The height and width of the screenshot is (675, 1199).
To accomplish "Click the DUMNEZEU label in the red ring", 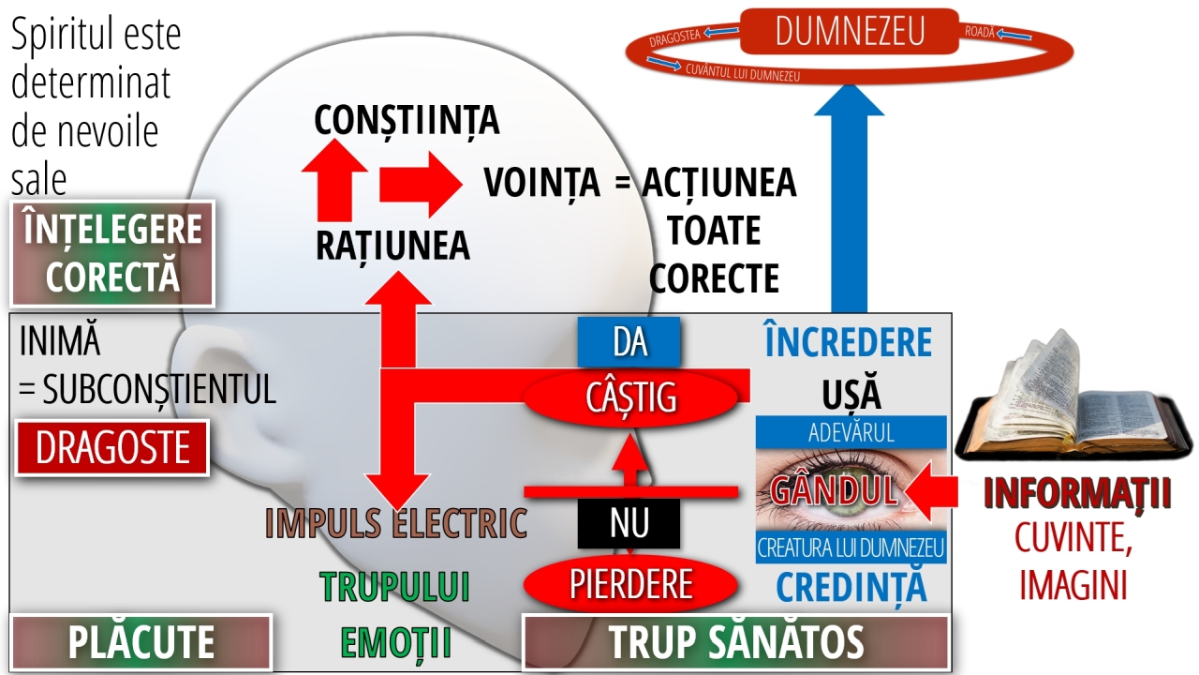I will [x=850, y=31].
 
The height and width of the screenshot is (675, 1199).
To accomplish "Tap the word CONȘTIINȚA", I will [x=407, y=121].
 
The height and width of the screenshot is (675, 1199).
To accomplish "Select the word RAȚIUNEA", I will [x=392, y=245].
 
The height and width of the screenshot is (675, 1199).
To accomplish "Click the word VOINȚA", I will [x=541, y=183].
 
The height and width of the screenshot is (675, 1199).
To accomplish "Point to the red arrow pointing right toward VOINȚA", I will [x=420, y=184].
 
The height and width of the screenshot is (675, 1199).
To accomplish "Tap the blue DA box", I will [x=629, y=342].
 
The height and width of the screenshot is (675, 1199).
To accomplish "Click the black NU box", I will [x=629, y=523].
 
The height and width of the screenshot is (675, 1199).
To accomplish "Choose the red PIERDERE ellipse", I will [x=629, y=584].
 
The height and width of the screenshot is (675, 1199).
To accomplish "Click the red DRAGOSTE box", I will [x=111, y=448].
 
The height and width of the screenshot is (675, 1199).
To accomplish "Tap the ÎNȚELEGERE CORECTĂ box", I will [x=111, y=253].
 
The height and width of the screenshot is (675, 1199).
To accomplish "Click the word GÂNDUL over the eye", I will [x=834, y=488].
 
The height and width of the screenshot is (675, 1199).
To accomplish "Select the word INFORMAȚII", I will [x=1077, y=495].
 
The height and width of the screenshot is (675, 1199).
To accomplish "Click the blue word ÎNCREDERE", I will [x=849, y=343].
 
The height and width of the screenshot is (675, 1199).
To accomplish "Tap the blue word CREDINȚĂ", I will [x=851, y=587].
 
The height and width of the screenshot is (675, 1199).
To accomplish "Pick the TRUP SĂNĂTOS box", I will [x=735, y=643].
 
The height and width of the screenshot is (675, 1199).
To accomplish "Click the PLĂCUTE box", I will [x=141, y=643].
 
